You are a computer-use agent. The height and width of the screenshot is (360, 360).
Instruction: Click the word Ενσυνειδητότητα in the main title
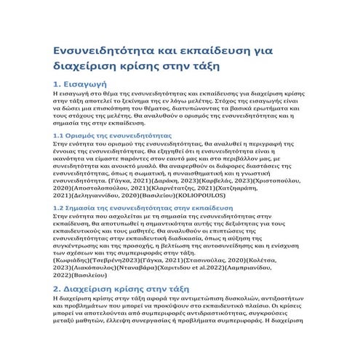[x=105, y=51]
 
